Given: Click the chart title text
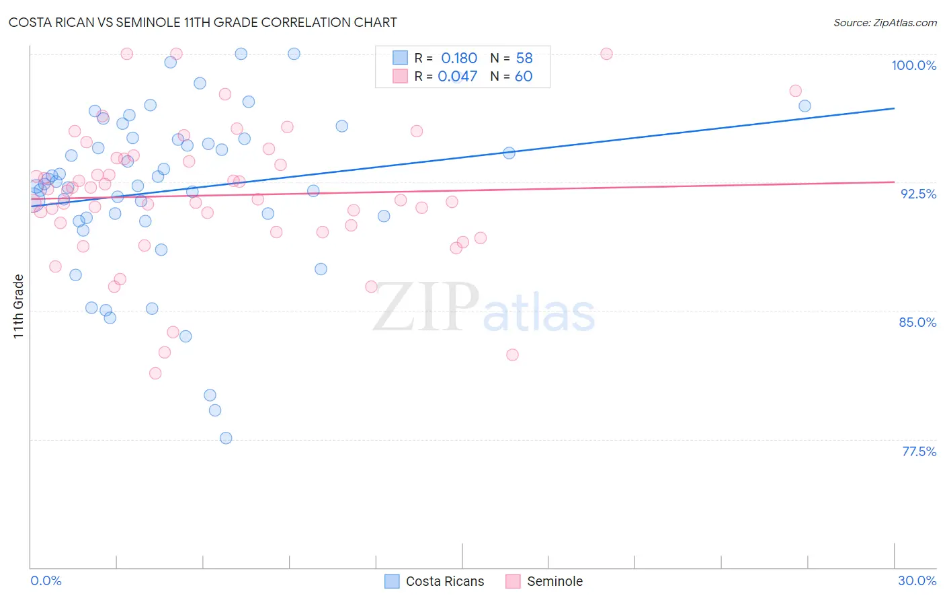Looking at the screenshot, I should click(x=202, y=22).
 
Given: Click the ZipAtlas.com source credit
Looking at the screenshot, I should click(x=885, y=22).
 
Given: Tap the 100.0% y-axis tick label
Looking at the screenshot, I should click(x=913, y=65).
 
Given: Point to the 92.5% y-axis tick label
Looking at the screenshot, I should click(x=918, y=194).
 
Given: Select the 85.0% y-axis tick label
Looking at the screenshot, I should click(x=917, y=322).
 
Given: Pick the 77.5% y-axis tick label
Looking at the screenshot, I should click(x=919, y=451).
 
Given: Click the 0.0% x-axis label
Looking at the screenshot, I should click(x=46, y=580).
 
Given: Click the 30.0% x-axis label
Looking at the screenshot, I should click(x=917, y=580).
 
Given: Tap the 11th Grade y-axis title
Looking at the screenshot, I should click(x=19, y=306).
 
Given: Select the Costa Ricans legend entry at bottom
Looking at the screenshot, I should click(x=434, y=581).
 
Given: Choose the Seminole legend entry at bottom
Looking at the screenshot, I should click(x=544, y=581).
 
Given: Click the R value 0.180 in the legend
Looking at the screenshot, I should click(x=459, y=59).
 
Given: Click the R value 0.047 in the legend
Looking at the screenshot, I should click(x=458, y=77).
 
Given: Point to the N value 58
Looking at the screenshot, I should click(x=524, y=59).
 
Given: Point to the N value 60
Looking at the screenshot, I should click(x=524, y=77).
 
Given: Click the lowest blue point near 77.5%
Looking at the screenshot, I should click(x=226, y=438).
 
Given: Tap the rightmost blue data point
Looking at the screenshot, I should click(x=805, y=106).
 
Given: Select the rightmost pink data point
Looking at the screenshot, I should click(x=795, y=91).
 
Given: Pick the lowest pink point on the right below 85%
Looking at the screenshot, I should click(x=512, y=354).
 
